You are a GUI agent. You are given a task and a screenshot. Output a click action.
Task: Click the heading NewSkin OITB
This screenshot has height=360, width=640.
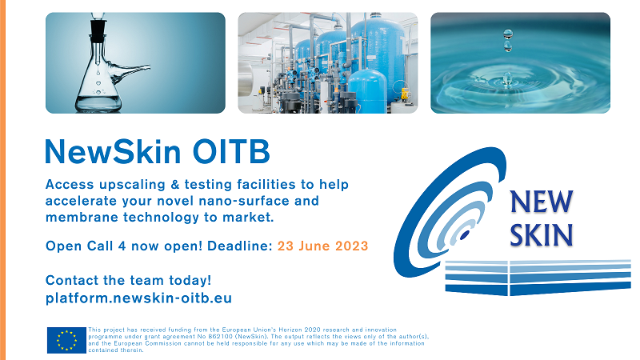click(158, 151)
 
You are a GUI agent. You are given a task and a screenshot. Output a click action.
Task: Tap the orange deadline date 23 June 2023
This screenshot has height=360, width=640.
click(323, 246)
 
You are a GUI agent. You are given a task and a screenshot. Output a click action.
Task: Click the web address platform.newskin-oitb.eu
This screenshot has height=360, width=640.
click(138, 298)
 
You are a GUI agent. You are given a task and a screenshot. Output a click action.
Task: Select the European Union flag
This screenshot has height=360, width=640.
click(66, 340)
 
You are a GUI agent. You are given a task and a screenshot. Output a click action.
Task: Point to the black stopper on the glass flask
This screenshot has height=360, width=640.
click(98, 30)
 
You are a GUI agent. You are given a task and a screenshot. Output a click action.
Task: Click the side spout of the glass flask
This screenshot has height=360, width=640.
click(130, 72)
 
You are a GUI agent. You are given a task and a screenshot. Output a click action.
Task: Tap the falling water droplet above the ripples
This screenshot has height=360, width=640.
click(508, 40)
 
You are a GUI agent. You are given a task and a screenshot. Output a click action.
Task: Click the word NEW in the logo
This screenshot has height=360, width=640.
click(542, 202)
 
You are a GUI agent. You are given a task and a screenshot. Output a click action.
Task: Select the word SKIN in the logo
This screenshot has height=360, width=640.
click(542, 234)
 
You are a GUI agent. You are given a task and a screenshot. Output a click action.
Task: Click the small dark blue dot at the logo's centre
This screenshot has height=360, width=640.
click(465, 235)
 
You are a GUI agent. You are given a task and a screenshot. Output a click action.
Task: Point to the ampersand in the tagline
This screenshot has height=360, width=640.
click(174, 184)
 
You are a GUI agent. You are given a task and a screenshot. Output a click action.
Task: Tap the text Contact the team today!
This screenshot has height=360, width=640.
click(128, 280)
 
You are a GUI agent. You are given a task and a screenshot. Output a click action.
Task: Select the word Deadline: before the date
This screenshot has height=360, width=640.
click(239, 246)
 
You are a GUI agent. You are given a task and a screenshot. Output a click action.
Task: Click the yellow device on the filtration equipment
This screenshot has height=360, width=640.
click(405, 94)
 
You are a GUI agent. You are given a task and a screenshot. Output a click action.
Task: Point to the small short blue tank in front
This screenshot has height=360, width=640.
click(368, 91)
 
